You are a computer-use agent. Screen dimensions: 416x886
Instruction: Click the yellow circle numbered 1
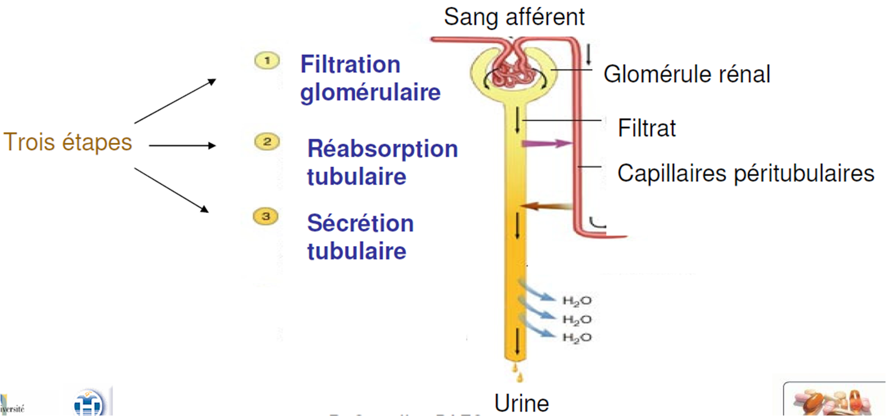pyautogui.click(x=267, y=61)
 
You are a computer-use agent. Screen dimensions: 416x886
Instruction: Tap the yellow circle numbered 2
pyautogui.click(x=267, y=142)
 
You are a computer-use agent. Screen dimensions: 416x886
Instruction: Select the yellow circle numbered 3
pyautogui.click(x=266, y=216)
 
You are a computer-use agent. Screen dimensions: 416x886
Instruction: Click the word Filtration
pyautogui.click(x=350, y=65)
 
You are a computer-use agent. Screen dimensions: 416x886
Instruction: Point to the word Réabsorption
pyautogui.click(x=382, y=149)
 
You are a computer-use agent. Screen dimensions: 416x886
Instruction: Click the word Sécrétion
pyautogui.click(x=360, y=223)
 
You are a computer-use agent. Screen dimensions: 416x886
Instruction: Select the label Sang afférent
pyautogui.click(x=514, y=17)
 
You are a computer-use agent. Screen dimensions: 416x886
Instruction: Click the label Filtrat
pyautogui.click(x=647, y=128)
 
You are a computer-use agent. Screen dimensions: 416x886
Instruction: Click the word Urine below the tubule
pyautogui.click(x=521, y=403)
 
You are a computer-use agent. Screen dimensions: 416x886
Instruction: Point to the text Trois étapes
pyautogui.click(x=68, y=142)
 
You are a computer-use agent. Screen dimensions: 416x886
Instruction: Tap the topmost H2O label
pyautogui.click(x=577, y=301)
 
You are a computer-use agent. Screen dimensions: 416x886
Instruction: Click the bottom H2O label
pyautogui.click(x=577, y=338)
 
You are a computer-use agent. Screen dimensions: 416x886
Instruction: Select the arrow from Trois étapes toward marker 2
pyautogui.click(x=182, y=145)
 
